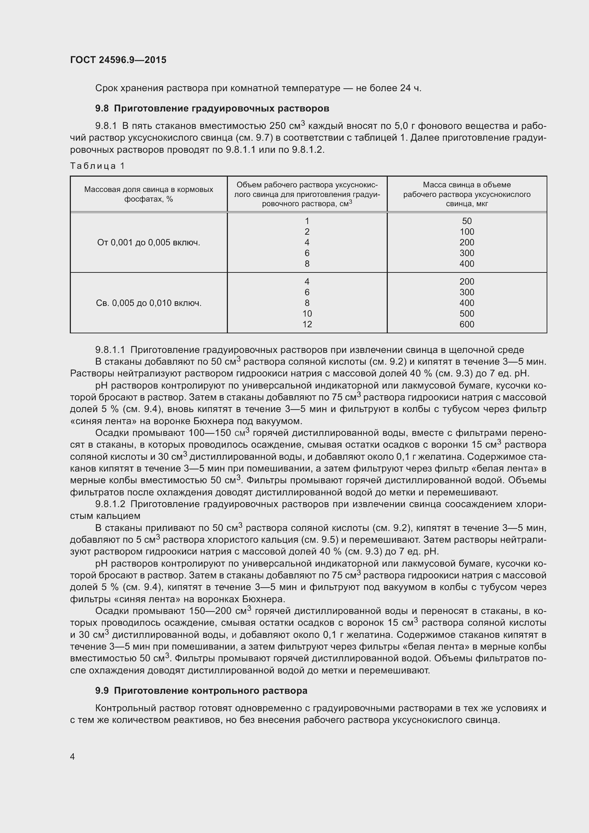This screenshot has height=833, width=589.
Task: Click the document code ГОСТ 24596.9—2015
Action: [x=118, y=60]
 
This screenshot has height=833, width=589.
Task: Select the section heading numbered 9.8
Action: [x=212, y=109]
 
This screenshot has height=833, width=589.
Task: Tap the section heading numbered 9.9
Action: [x=201, y=691]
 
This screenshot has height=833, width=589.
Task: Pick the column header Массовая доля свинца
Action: [x=149, y=194]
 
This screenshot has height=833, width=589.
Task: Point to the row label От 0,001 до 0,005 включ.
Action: [x=149, y=243]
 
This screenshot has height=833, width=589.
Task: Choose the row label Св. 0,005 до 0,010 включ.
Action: [x=149, y=303]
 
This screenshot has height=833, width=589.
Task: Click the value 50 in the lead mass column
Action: [x=467, y=221]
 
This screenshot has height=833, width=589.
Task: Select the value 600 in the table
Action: [x=467, y=324]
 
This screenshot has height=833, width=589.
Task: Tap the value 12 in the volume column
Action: [x=307, y=324]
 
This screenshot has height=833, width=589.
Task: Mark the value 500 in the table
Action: [x=467, y=314]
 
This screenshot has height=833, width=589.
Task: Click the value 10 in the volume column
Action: [x=307, y=314]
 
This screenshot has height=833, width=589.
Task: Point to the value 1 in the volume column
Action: [x=307, y=221]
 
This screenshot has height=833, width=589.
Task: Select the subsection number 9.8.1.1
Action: [x=110, y=350]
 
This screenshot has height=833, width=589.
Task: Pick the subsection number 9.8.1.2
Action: [x=110, y=504]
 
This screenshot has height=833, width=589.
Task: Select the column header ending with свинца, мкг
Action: [x=467, y=194]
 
